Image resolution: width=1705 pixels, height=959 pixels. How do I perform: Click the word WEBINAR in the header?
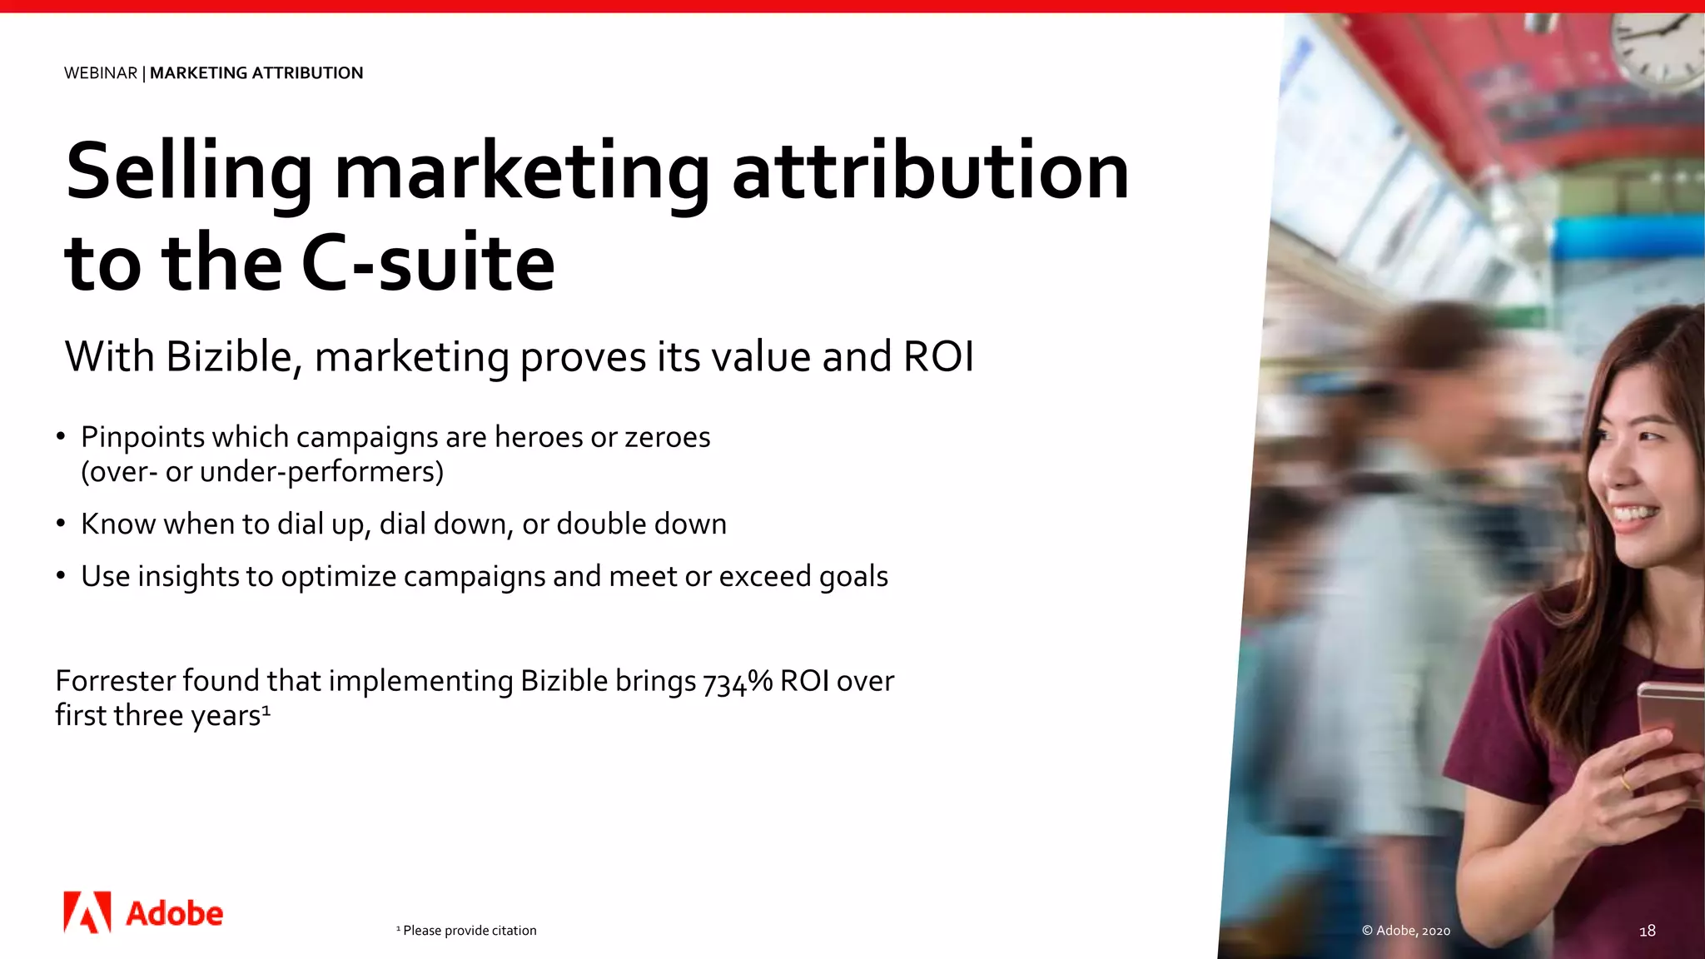coord(101,73)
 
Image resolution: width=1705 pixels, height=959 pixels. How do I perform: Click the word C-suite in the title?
coord(428,263)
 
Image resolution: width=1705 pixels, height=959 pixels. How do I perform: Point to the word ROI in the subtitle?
coord(938,357)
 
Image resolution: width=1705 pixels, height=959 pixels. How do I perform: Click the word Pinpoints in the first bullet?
coord(142,437)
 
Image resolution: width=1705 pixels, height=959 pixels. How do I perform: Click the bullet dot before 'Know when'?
coord(61,524)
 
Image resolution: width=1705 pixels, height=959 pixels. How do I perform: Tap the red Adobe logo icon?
coord(87,912)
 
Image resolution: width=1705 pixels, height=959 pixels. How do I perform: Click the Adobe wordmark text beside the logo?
coord(174,914)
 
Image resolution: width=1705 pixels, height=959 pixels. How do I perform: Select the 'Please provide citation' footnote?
coord(469,931)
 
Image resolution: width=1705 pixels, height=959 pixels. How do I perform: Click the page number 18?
coord(1647,931)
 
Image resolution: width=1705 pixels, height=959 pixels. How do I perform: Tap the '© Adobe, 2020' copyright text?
coord(1406,931)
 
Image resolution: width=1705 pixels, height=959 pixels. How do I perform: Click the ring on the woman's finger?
coord(1625,781)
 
